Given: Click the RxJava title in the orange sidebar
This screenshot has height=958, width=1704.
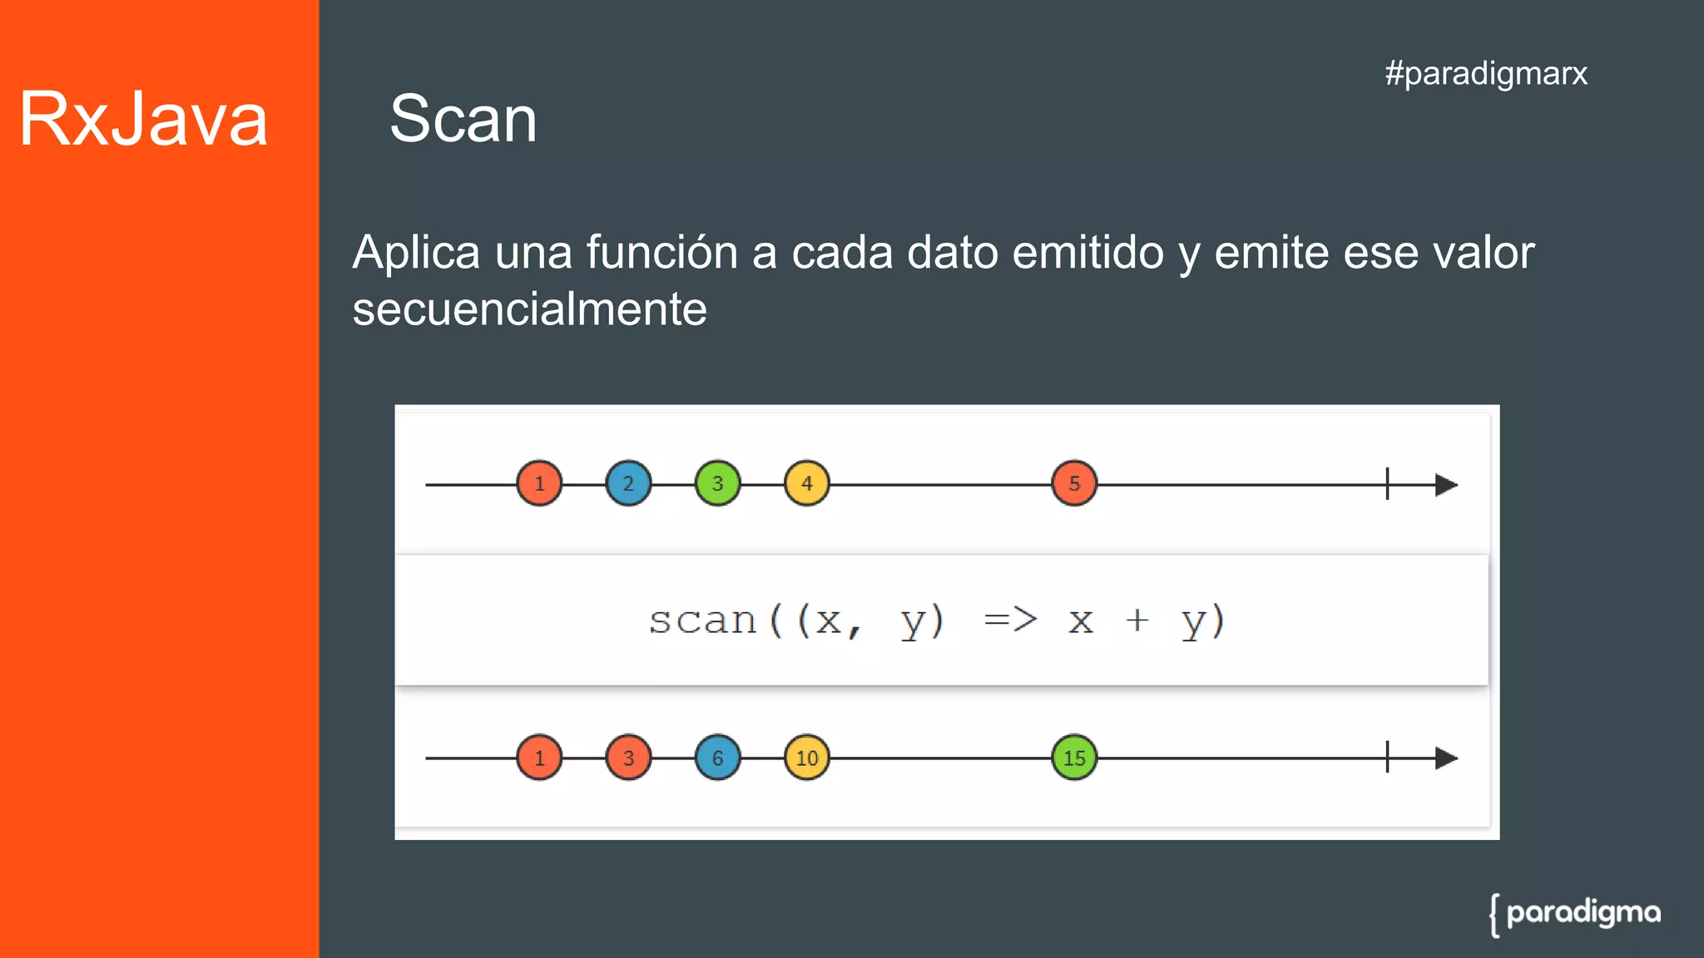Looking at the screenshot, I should (143, 119).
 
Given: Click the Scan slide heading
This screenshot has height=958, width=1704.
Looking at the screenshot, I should (463, 119).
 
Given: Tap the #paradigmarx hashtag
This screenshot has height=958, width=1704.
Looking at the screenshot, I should (1486, 73).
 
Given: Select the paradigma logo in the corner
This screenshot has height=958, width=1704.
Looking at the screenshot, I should (1575, 914).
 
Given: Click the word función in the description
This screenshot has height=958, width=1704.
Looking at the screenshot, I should (661, 252).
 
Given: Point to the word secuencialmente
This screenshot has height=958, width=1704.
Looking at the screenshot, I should (529, 309).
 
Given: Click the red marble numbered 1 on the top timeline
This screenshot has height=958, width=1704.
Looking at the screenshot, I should (539, 483).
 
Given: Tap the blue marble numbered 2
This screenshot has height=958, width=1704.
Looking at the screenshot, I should (628, 483).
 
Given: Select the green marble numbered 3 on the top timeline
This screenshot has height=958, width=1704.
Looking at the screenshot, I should (717, 483).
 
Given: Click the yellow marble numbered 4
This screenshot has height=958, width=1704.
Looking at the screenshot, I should (806, 483).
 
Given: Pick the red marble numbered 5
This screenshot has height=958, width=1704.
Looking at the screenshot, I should (1074, 483).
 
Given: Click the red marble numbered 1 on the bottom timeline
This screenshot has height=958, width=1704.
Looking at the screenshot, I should (539, 758).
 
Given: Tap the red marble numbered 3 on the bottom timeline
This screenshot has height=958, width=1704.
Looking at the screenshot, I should (628, 758).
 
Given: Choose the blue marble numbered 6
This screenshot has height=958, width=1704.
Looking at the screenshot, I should (717, 758).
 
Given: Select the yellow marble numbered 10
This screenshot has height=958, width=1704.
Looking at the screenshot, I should (806, 758).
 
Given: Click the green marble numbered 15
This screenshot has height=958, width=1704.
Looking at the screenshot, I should (1074, 758).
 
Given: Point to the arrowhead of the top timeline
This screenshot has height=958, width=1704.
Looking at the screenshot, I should (1446, 485).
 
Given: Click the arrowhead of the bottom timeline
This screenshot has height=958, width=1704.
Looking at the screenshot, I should (1446, 758).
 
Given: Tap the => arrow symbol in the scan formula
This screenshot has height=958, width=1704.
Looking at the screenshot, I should (1010, 620).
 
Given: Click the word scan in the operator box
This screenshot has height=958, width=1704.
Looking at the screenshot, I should (702, 620).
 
